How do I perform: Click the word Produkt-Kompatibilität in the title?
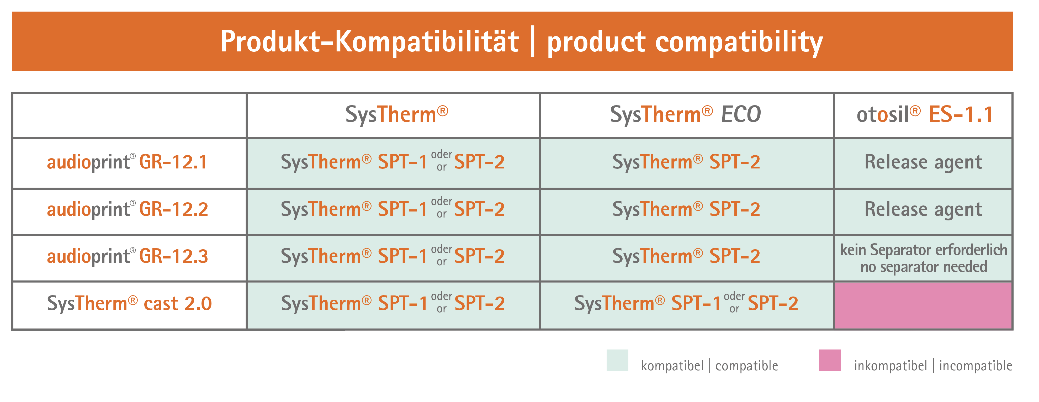[369, 41]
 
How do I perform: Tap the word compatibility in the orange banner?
[739, 43]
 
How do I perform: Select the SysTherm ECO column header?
[686, 114]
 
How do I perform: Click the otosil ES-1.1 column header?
[924, 114]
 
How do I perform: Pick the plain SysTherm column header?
[397, 114]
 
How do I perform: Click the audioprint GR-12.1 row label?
[127, 162]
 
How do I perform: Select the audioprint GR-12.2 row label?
[128, 209]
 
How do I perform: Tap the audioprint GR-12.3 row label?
[128, 256]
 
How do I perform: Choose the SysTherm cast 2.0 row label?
[129, 303]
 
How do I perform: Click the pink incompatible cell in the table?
[923, 305]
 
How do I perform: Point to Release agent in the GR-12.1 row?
[923, 162]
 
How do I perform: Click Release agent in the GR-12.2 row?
[923, 210]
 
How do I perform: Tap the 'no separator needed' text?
[924, 267]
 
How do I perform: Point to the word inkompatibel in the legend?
[890, 366]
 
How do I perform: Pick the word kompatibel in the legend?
[672, 366]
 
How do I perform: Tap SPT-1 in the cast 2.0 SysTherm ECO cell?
[696, 303]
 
